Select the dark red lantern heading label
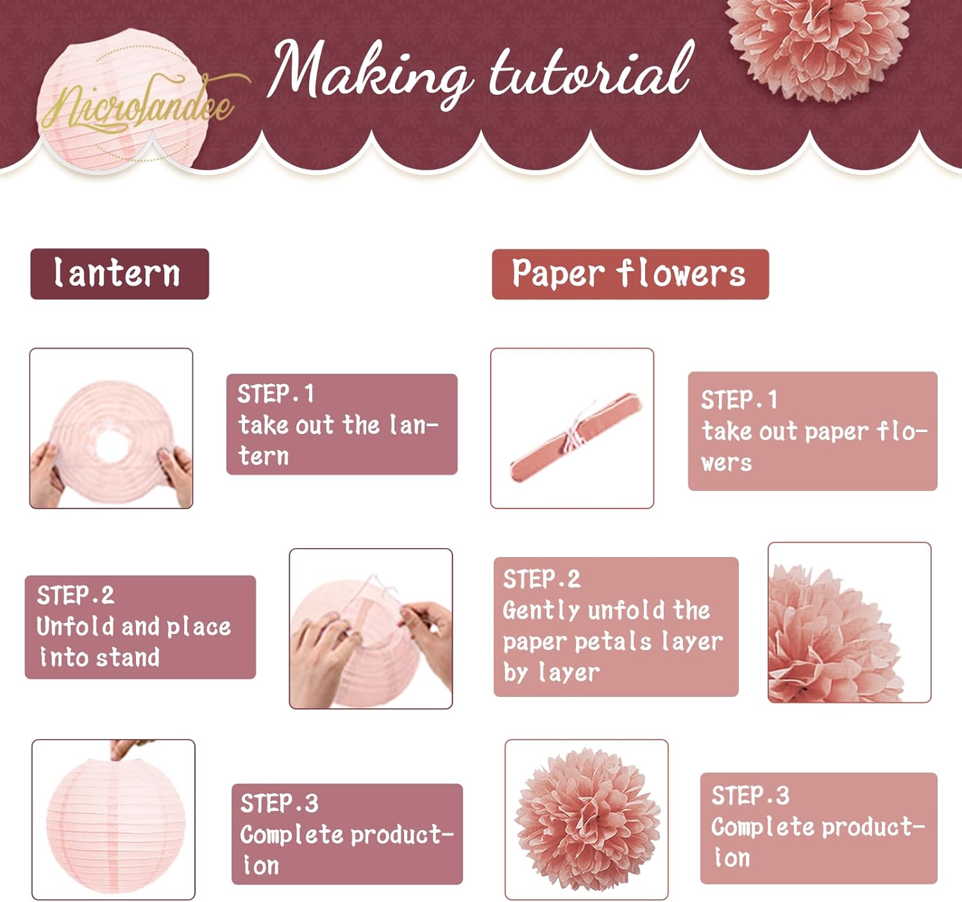click(x=120, y=274)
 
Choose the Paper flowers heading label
click(x=630, y=274)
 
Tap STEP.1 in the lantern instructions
click(x=276, y=394)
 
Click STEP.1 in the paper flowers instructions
click(x=739, y=399)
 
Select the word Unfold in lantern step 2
click(x=76, y=626)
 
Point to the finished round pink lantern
click(x=116, y=826)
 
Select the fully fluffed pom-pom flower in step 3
click(x=587, y=819)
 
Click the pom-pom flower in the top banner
click(x=818, y=46)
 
